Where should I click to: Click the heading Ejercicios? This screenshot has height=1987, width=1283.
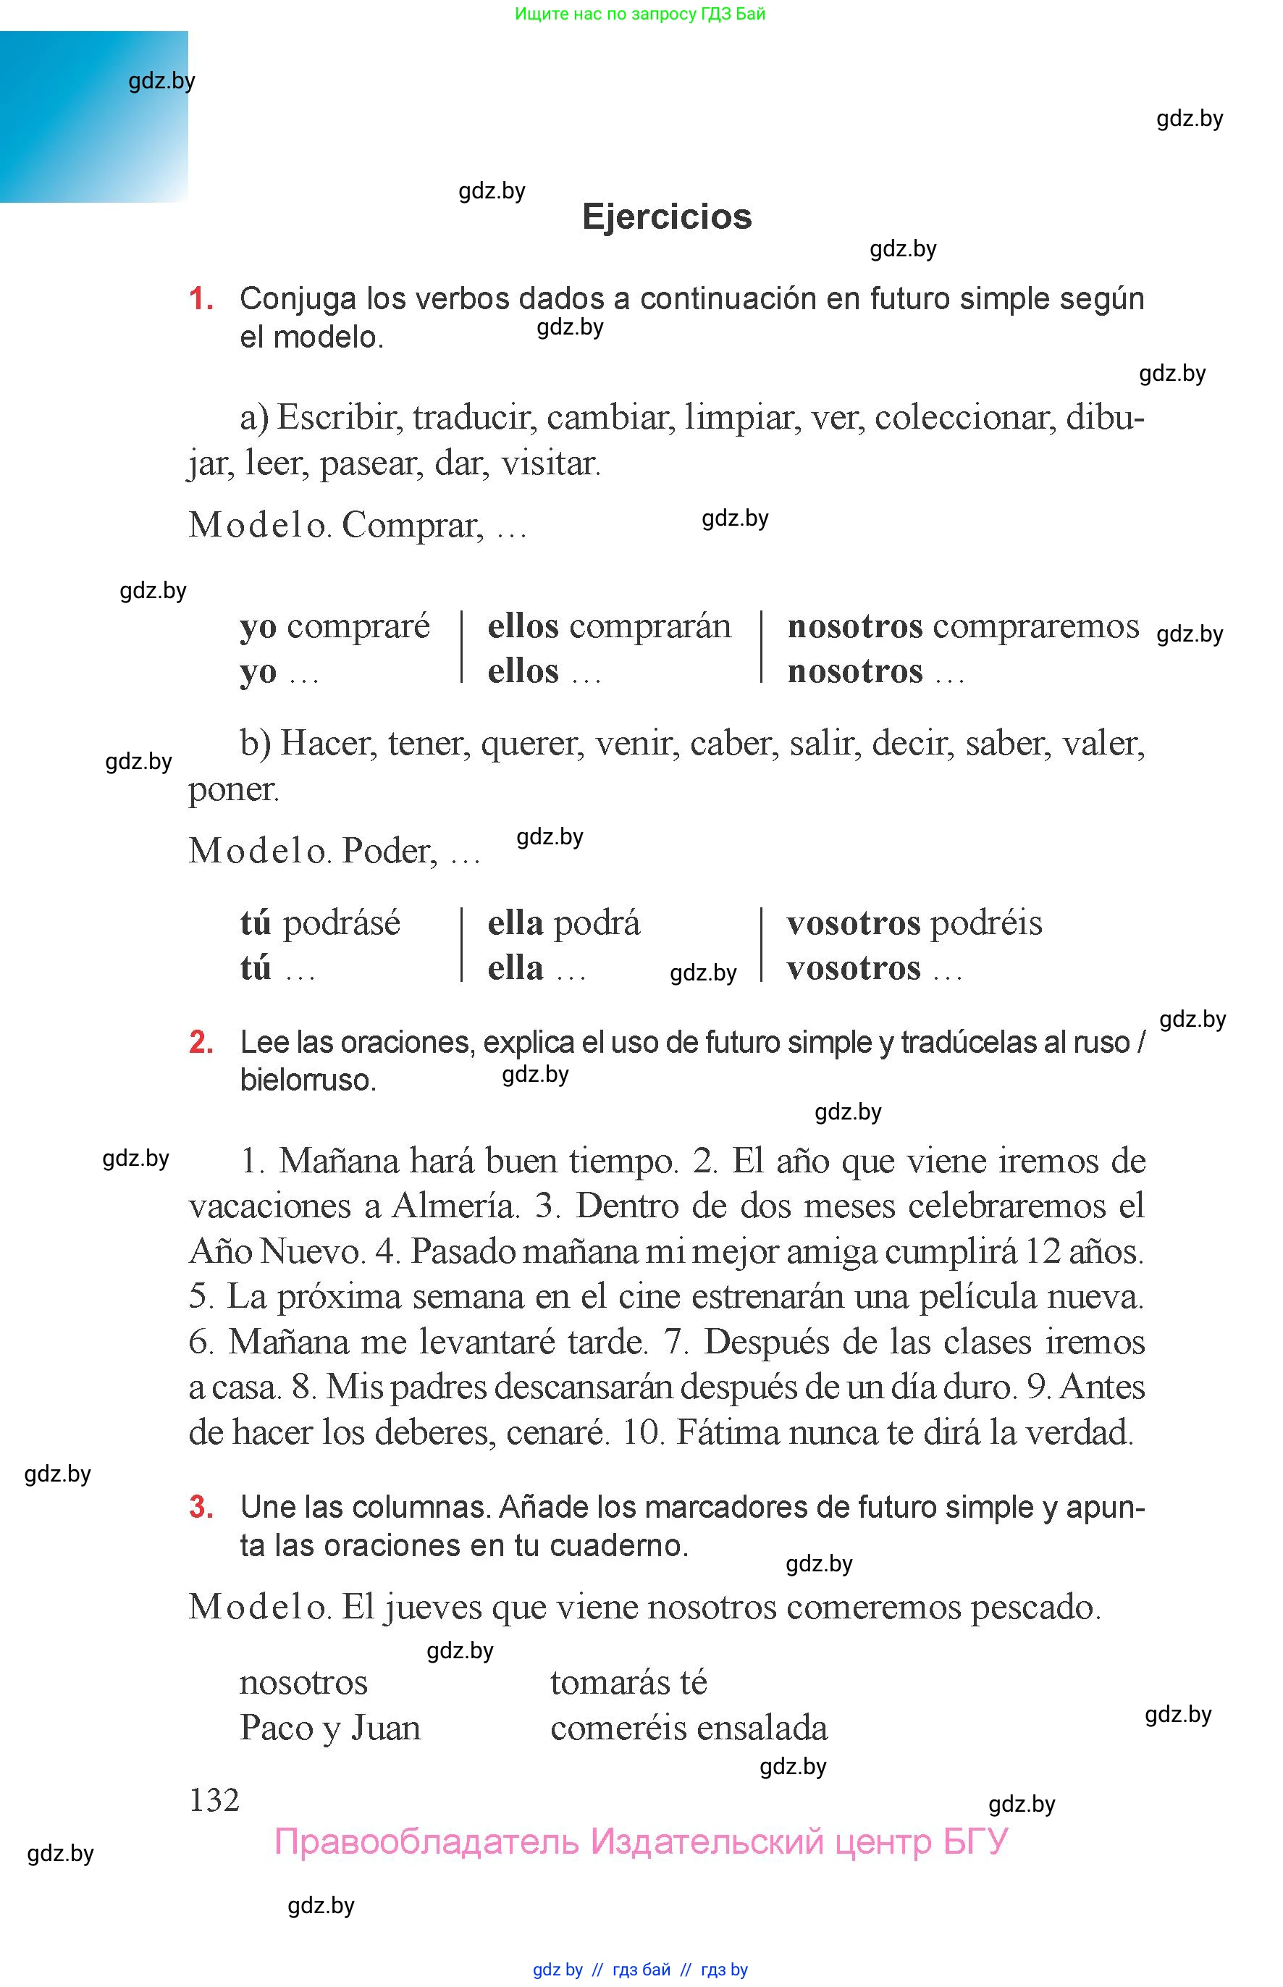point(667,217)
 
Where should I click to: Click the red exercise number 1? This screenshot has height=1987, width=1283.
point(201,298)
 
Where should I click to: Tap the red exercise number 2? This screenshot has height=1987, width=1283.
point(201,1042)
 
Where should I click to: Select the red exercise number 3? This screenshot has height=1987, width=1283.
point(201,1506)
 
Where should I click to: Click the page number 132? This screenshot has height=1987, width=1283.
point(214,1799)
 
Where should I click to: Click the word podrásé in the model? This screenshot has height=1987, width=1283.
point(342,923)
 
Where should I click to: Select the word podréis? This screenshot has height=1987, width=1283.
point(985,923)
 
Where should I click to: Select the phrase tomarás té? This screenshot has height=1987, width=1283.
point(628,1682)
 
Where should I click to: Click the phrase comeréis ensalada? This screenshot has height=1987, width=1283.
point(689,1728)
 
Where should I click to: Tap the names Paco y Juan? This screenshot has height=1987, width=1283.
point(330,1728)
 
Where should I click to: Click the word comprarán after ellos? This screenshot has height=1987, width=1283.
point(650,626)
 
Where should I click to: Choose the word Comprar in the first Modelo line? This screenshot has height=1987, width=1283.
point(411,525)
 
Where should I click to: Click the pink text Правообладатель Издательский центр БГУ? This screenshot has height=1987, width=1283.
point(641,1841)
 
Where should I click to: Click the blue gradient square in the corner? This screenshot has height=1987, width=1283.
point(93,117)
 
